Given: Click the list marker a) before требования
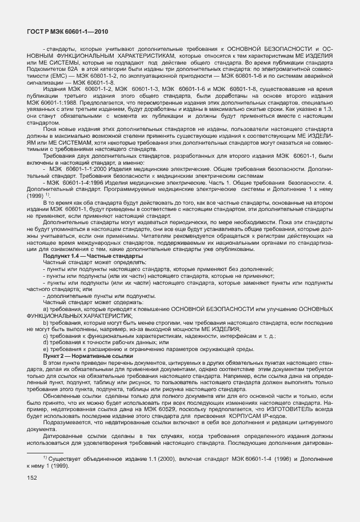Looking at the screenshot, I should click(x=46, y=309).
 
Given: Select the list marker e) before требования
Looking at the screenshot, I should click(x=46, y=349).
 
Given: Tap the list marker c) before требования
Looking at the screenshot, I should click(x=46, y=336).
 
